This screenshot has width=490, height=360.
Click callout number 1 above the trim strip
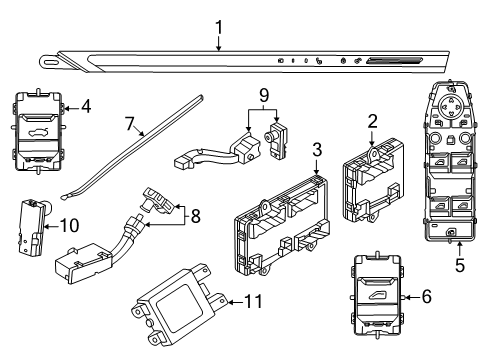(x=219, y=27)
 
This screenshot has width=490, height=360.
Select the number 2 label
(x=372, y=121)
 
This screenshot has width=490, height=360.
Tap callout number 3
(x=317, y=149)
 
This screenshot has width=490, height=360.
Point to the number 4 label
(x=86, y=107)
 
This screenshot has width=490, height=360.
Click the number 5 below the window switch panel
(x=460, y=265)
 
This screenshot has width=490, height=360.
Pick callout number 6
(x=427, y=296)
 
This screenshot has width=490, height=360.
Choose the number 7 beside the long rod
(x=130, y=124)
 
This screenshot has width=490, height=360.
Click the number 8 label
(x=196, y=216)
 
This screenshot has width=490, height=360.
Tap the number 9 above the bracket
(x=264, y=96)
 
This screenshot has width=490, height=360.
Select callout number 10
(x=70, y=226)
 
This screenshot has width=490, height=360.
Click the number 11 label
(x=254, y=302)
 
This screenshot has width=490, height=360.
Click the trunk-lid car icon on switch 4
(x=36, y=133)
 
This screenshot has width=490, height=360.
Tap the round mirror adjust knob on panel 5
(x=448, y=106)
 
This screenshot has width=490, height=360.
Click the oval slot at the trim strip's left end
(x=51, y=62)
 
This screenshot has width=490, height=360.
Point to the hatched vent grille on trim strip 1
(x=394, y=60)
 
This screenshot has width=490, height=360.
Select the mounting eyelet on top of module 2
(x=373, y=154)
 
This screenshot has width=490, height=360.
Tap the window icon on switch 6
(x=376, y=296)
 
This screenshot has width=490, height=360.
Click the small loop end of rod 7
(x=64, y=198)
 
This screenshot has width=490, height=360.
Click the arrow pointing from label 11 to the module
(x=235, y=302)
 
